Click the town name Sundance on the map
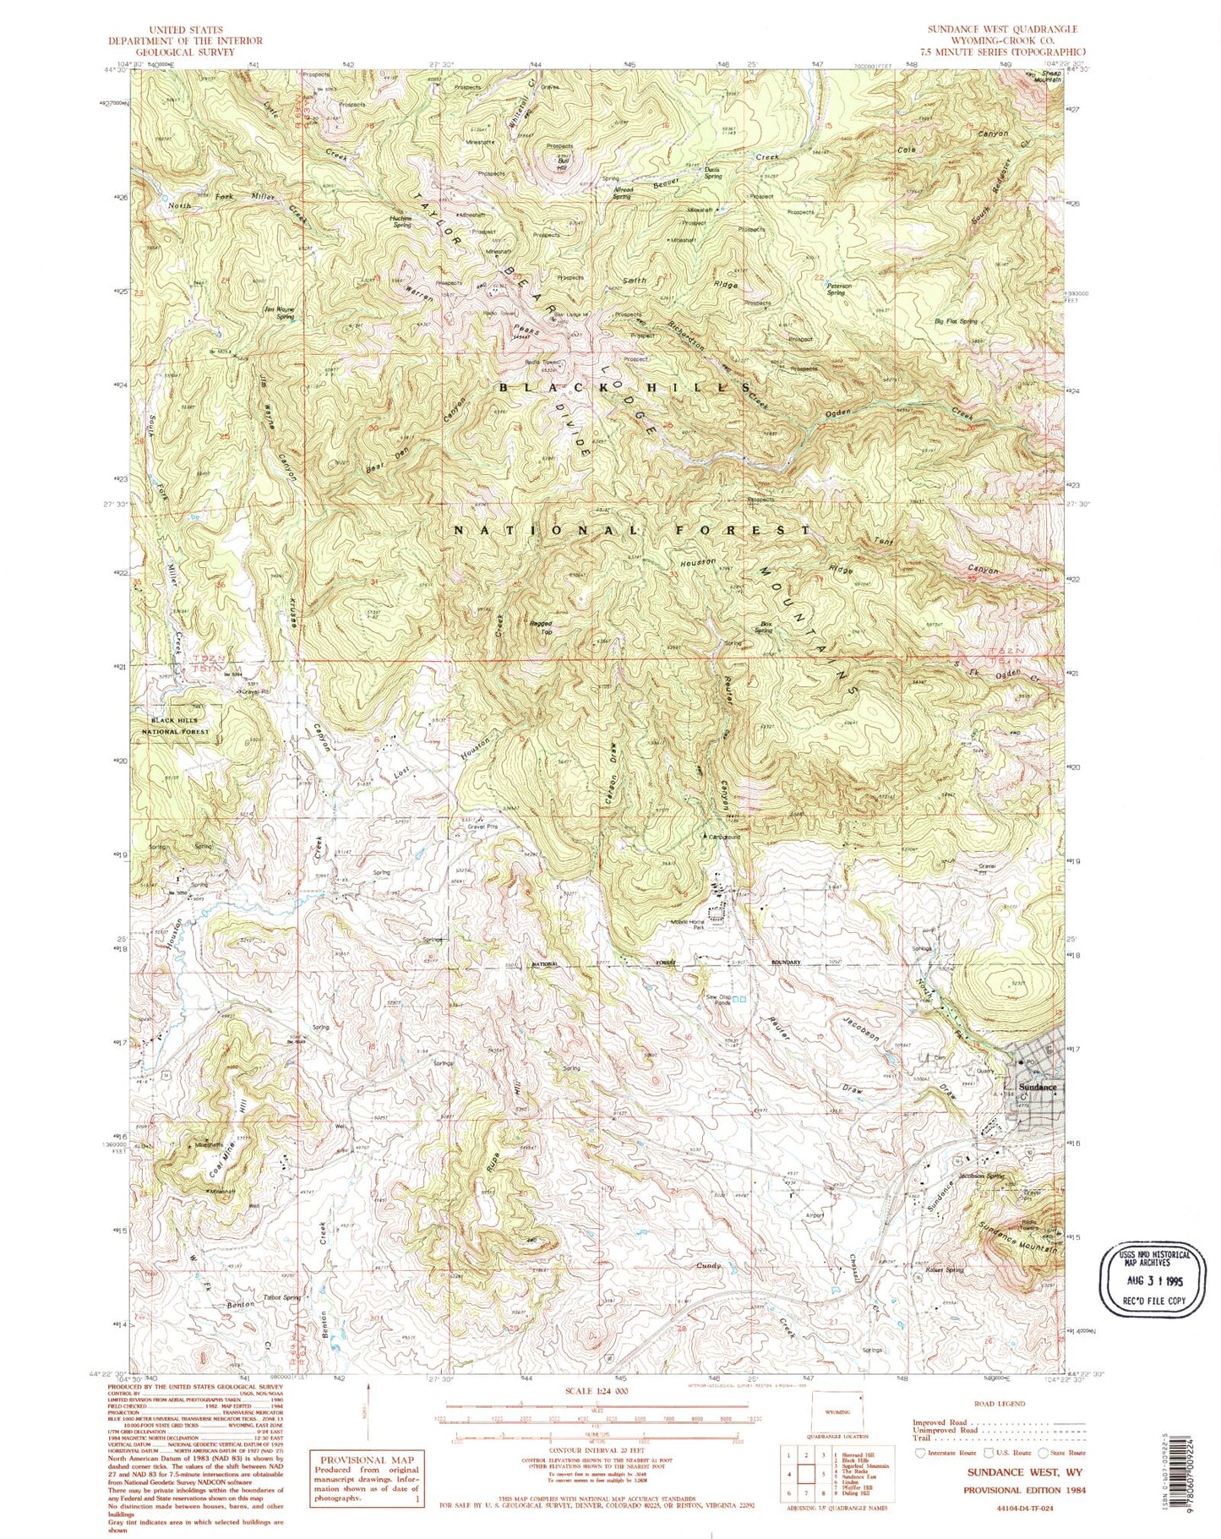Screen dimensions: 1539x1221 tap(1038, 1087)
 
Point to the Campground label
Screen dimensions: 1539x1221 tap(724, 837)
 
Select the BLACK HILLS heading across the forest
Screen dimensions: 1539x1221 tap(624, 387)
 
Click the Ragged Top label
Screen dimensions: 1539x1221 tap(541, 628)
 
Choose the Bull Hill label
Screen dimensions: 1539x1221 tap(561, 165)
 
